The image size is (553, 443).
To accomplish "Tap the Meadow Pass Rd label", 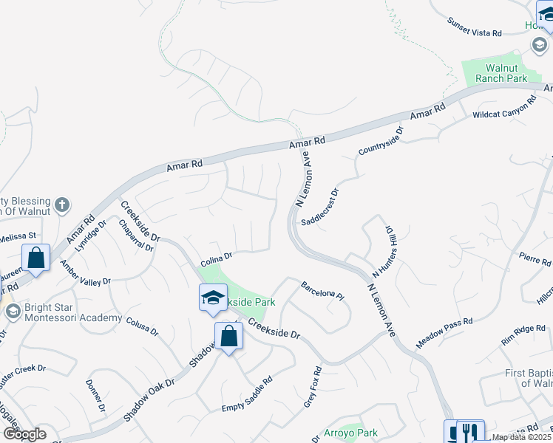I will (x=444, y=332).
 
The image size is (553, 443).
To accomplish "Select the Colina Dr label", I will (x=217, y=258).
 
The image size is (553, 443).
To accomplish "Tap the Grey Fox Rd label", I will (x=313, y=388).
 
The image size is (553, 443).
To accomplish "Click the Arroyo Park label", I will (x=350, y=433).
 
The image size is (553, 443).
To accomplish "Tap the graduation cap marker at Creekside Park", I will (x=213, y=297).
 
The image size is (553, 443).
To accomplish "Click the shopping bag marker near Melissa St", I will (x=35, y=257).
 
